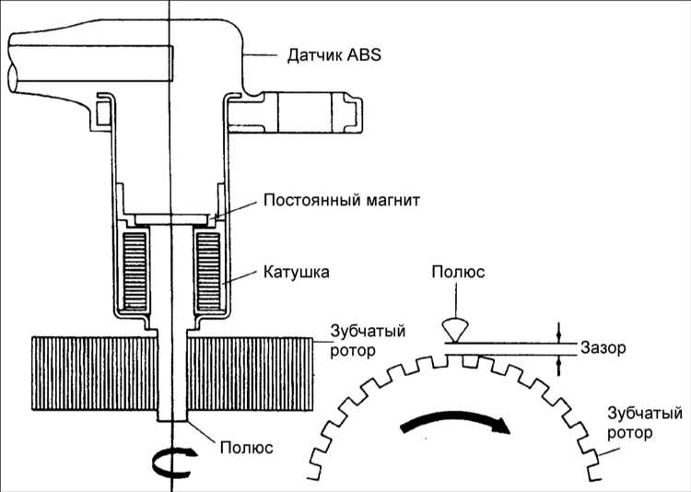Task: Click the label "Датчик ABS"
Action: (334, 56)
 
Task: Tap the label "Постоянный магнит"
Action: (342, 200)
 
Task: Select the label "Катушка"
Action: (296, 272)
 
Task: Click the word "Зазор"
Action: (603, 348)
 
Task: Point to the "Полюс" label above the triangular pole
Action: (458, 272)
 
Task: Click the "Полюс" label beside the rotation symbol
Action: (246, 448)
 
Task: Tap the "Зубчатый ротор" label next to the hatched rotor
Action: (368, 340)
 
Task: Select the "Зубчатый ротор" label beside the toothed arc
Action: (645, 423)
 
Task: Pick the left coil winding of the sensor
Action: (135, 270)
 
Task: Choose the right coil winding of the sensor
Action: (208, 270)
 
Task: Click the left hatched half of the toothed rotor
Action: (94, 373)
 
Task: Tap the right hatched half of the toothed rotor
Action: (251, 373)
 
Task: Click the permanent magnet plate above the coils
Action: (171, 219)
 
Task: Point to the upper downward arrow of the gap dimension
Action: (558, 333)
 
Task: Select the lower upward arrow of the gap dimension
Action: (558, 366)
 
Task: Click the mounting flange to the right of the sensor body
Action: (295, 112)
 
